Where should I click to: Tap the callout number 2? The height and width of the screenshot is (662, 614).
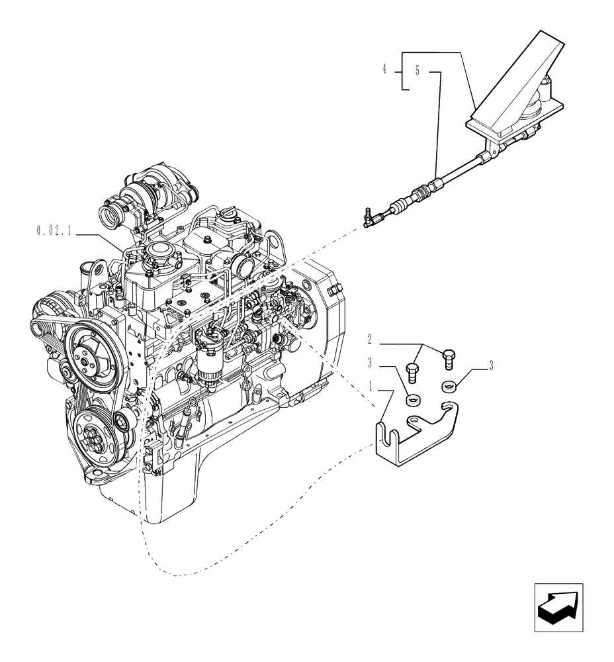click(x=371, y=340)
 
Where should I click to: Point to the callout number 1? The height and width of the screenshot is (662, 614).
click(x=372, y=385)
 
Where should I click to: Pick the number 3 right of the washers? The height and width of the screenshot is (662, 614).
click(x=491, y=363)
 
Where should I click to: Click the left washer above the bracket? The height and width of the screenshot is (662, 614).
click(x=413, y=400)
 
